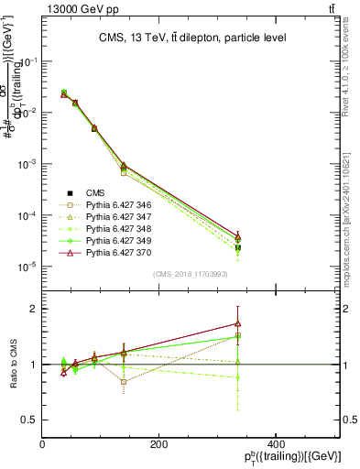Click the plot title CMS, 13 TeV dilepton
[x=192, y=38]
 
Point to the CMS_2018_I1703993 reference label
[x=191, y=274]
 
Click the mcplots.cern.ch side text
[x=351, y=211]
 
